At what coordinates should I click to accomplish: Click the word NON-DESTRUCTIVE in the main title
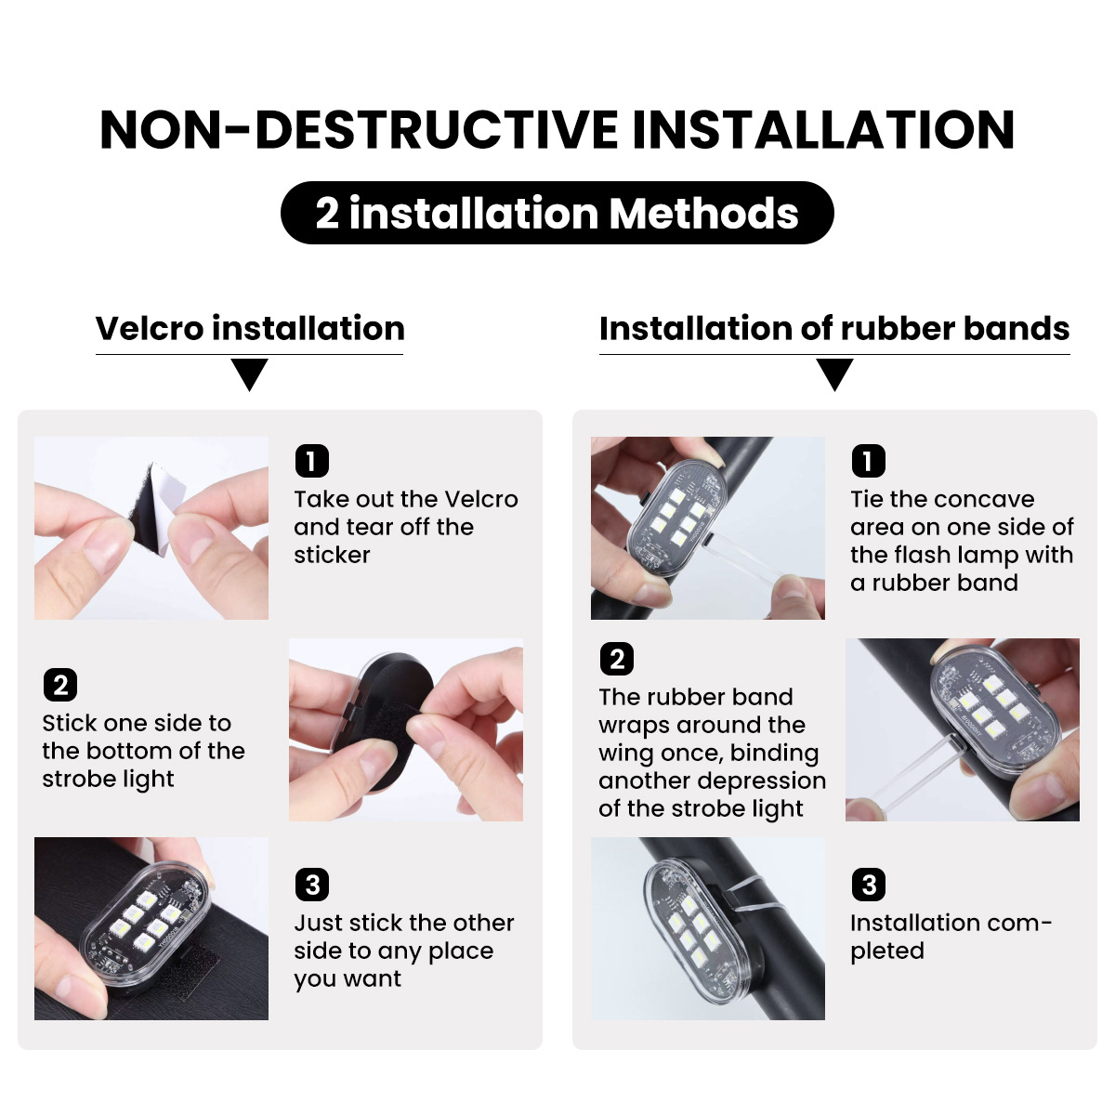coord(360,129)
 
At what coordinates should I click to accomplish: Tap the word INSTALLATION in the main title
coord(823,129)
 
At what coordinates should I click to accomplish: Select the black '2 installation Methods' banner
coord(557,213)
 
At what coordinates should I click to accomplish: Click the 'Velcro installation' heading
coord(250,329)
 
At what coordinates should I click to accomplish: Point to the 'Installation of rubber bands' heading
coord(834,329)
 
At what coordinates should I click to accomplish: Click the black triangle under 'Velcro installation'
coord(249,374)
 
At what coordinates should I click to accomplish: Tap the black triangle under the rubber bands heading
coord(834,374)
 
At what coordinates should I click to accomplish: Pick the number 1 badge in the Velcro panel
coord(312,461)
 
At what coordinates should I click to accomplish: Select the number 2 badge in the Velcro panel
coord(60,685)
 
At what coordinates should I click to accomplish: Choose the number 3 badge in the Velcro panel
coord(312,885)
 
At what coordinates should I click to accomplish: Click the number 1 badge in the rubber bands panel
coord(868,461)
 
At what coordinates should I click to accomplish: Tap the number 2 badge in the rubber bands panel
coord(617,659)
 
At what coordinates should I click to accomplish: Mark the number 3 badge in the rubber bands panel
coord(868,885)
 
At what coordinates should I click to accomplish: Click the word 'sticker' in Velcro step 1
coord(332,555)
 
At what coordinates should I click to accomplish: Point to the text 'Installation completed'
coord(951,937)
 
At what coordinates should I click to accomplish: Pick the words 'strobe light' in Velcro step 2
coord(108,779)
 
